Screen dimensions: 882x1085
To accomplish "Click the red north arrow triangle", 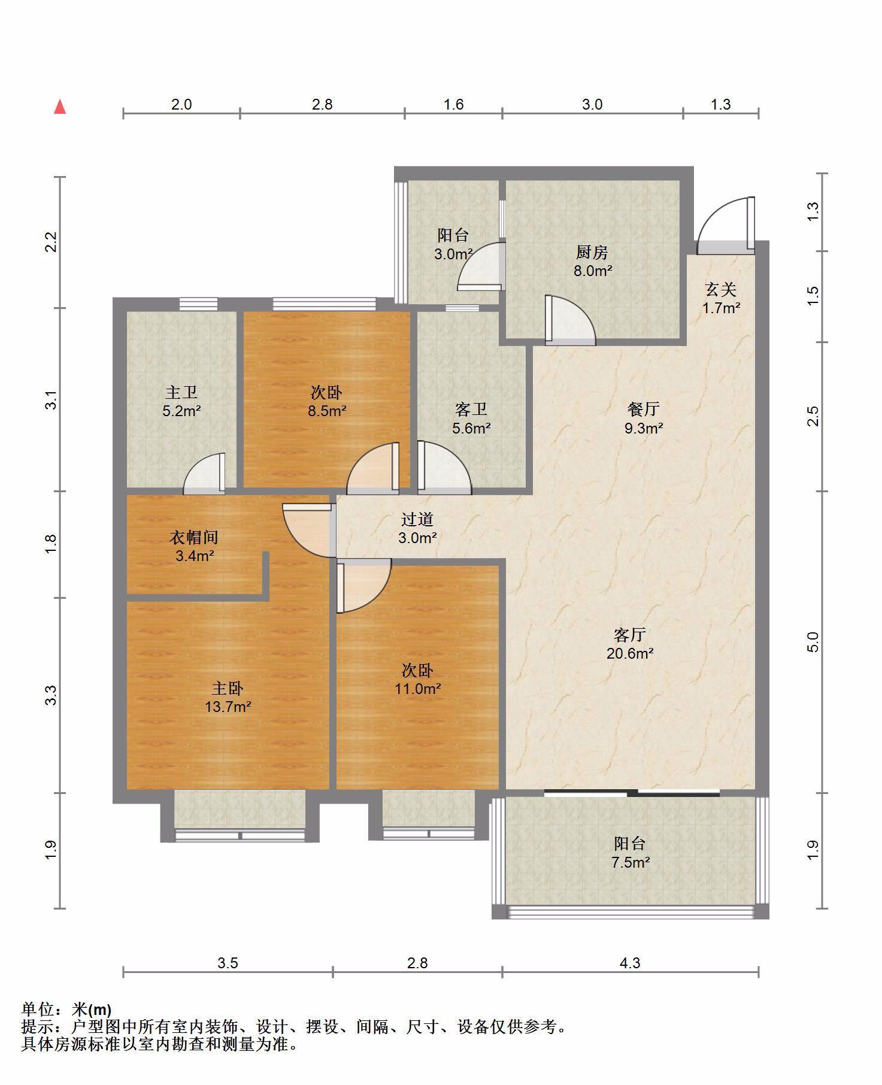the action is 60,107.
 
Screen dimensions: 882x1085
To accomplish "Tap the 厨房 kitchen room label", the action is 592,252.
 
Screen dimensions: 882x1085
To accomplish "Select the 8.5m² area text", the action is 327,411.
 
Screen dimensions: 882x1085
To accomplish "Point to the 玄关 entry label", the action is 720,290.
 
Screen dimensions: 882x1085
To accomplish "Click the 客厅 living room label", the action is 629,634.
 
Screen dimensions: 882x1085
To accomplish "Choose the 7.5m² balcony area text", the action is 630,862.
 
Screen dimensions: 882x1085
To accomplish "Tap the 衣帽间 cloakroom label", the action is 193,537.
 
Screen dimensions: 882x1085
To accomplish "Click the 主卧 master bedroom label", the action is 228,688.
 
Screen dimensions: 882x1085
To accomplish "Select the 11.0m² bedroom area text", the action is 417,689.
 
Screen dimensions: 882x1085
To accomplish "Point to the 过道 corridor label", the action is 417,519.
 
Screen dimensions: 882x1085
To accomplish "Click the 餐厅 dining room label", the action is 644,409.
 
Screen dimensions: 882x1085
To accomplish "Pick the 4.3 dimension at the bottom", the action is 629,963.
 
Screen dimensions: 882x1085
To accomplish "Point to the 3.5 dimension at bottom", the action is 228,963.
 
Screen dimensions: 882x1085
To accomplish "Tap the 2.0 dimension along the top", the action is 181,104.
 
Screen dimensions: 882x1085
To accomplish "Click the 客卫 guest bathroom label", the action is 471,409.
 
